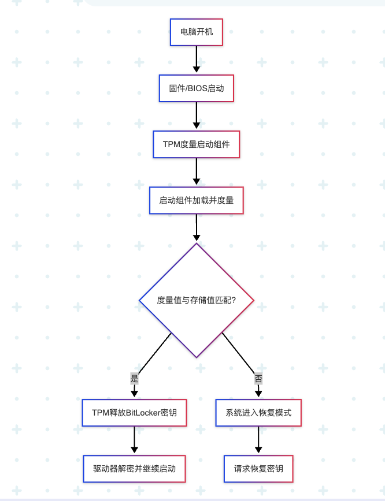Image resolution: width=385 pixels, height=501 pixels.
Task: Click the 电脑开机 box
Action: click(197, 32)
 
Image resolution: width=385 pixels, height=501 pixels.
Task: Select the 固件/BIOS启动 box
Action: click(197, 88)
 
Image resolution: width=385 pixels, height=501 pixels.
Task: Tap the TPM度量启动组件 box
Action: click(197, 144)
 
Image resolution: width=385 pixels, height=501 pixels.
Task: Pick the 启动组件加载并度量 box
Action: click(197, 200)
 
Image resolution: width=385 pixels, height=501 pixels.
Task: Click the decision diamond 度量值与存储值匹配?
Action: click(197, 300)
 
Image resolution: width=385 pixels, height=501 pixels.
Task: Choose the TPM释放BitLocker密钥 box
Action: click(134, 413)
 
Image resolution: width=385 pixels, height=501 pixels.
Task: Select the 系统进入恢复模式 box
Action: click(258, 413)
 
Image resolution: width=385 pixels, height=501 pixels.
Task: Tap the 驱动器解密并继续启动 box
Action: click(134, 468)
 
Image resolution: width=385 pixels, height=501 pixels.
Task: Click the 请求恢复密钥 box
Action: click(258, 468)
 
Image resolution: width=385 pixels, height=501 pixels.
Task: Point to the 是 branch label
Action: click(135, 379)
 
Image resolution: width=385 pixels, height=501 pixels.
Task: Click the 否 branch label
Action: click(258, 379)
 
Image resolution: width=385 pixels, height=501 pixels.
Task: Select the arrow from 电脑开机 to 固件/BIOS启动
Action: click(197, 60)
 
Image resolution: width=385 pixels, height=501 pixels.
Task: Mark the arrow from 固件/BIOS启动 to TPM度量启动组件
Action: click(197, 116)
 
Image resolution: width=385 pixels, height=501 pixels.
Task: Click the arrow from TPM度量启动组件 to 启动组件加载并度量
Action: click(197, 172)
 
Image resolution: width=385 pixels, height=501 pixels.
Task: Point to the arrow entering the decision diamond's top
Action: click(197, 228)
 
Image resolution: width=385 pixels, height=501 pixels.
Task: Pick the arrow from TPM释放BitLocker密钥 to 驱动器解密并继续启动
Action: click(134, 440)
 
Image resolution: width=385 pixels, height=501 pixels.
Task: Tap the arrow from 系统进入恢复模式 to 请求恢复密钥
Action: click(258, 440)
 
